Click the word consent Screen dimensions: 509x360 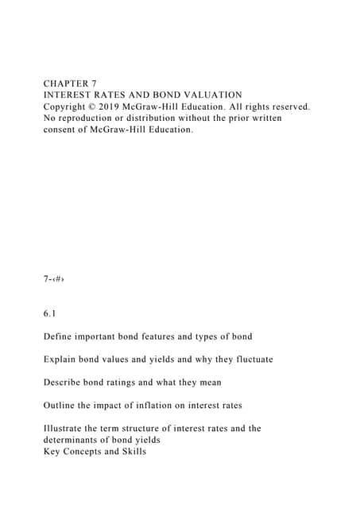tap(63, 130)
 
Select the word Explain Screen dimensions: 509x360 tap(61, 359)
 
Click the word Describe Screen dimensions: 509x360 tap(64, 383)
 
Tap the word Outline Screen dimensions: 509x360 tap(62, 406)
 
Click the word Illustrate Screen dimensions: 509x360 tap(66, 429)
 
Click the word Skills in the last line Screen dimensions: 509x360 tap(130, 452)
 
